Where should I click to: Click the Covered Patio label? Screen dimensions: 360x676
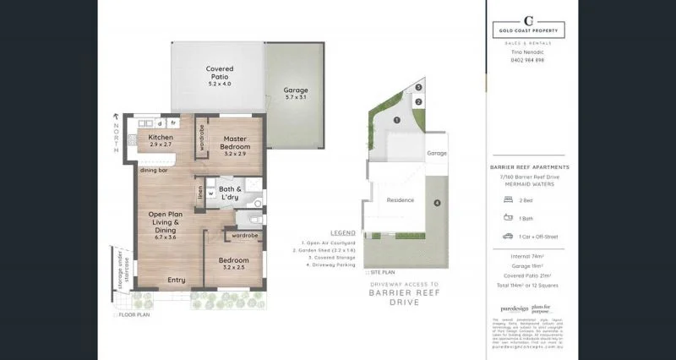coord(220,76)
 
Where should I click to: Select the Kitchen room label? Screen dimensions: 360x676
coord(161,140)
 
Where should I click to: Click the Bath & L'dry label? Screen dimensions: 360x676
coord(231,193)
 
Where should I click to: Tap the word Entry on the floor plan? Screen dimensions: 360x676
coord(177,280)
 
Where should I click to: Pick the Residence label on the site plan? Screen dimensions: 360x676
coord(400,200)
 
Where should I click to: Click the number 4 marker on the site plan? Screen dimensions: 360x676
coord(437,203)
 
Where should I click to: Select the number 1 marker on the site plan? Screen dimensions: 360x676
coord(395,121)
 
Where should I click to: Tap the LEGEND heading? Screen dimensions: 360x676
coord(342,232)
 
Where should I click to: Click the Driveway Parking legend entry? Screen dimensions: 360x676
coord(328,266)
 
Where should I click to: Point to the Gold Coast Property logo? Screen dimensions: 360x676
coord(529,27)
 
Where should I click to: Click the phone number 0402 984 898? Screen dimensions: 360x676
coord(529,60)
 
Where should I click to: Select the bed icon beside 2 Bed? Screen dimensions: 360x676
coord(508,199)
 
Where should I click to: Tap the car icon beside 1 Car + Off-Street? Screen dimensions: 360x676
coord(508,236)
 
